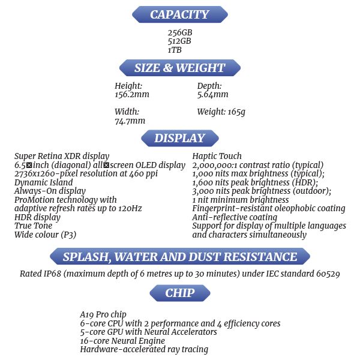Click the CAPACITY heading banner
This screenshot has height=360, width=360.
pyautogui.click(x=179, y=14)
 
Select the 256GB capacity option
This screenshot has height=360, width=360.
pyautogui.click(x=180, y=32)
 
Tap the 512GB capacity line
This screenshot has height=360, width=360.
pyautogui.click(x=180, y=41)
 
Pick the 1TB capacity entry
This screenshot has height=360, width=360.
pyautogui.click(x=175, y=50)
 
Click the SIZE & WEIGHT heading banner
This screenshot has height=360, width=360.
pyautogui.click(x=180, y=68)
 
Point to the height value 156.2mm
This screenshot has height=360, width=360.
pyautogui.click(x=132, y=95)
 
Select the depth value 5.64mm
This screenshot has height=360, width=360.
pyautogui.click(x=213, y=95)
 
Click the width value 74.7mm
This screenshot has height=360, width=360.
pyautogui.click(x=130, y=121)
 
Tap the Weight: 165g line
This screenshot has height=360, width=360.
pyautogui.click(x=221, y=112)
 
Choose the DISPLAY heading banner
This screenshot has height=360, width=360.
pyautogui.click(x=180, y=139)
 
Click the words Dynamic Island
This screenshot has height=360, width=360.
pyautogui.click(x=44, y=182)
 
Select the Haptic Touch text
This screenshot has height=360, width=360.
pyautogui.click(x=217, y=157)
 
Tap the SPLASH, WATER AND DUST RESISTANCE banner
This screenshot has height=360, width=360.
pyautogui.click(x=180, y=257)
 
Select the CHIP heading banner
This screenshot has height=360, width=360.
pyautogui.click(x=180, y=293)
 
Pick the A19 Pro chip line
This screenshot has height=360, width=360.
pyautogui.click(x=103, y=314)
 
